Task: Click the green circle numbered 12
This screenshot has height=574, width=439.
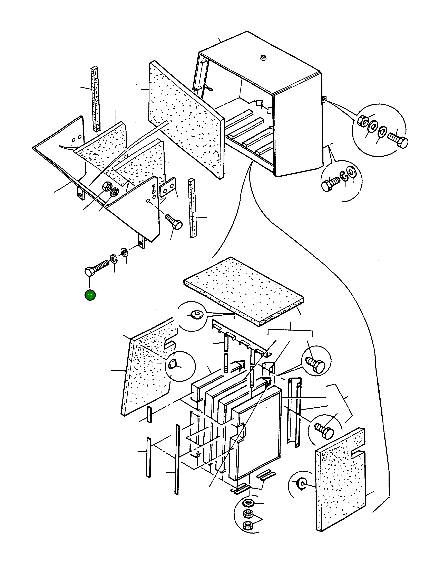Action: point(90,296)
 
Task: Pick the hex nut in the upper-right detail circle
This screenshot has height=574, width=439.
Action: point(362,121)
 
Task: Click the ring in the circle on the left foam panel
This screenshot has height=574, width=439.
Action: point(173,364)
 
